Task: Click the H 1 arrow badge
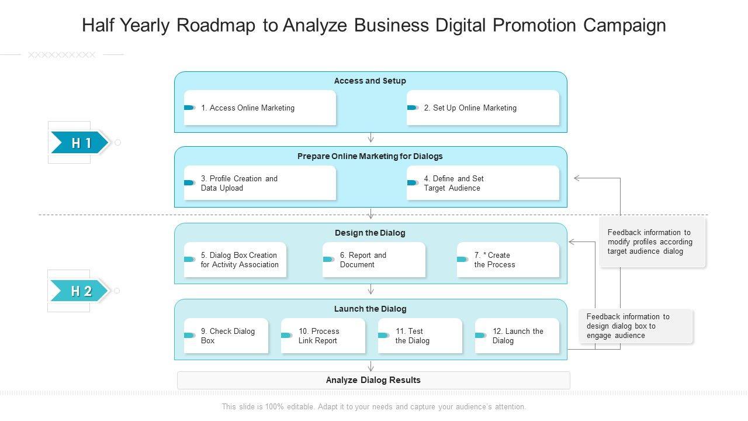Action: (x=79, y=143)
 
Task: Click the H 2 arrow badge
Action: (x=79, y=291)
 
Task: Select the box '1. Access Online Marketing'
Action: (x=260, y=108)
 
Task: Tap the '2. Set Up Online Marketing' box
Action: (x=483, y=108)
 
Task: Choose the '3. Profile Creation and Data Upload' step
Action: (x=260, y=183)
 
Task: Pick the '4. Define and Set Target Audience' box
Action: (x=483, y=183)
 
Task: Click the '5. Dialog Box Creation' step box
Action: (x=236, y=260)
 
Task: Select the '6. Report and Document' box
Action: (x=373, y=260)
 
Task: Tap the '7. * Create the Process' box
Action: (x=508, y=260)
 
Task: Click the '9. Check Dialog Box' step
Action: (x=226, y=336)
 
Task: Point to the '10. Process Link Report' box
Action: (x=323, y=336)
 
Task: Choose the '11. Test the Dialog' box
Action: (x=420, y=336)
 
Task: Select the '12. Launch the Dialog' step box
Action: (x=517, y=336)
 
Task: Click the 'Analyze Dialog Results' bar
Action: (x=373, y=380)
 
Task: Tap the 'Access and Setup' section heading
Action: (x=370, y=81)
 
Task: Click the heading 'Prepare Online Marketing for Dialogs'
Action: (x=370, y=156)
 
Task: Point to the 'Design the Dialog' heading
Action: (x=370, y=233)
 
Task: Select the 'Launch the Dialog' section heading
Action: (x=370, y=309)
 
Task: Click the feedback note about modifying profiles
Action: (x=652, y=241)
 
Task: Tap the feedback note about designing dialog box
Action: (x=635, y=326)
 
